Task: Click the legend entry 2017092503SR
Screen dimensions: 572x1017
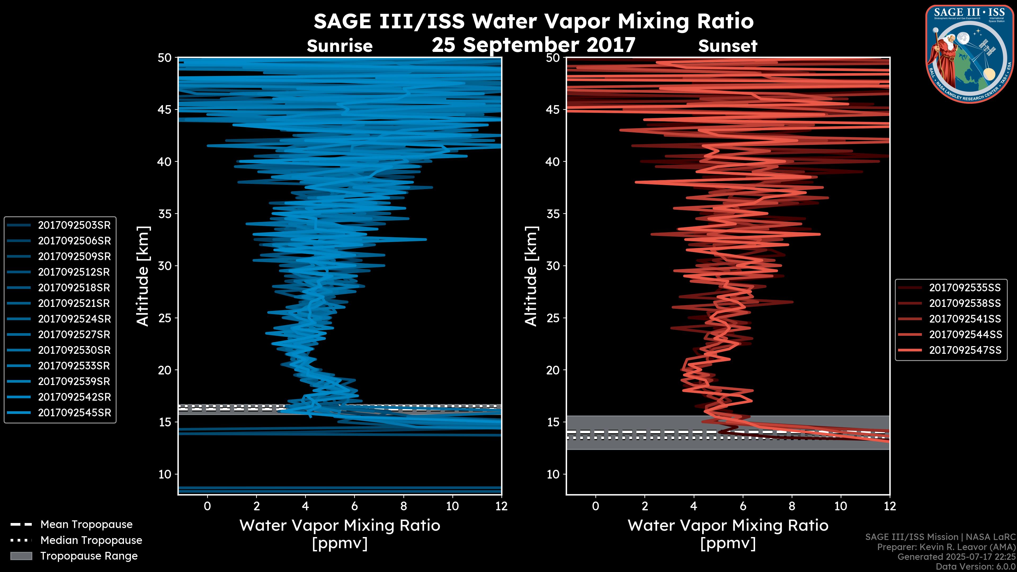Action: click(74, 225)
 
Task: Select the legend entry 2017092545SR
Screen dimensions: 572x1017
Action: click(74, 413)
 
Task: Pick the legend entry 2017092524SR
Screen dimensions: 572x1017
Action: click(74, 319)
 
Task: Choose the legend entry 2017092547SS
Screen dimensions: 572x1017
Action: click(965, 350)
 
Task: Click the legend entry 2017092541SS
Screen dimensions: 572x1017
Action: click(965, 319)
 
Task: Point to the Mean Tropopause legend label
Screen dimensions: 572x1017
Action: click(86, 524)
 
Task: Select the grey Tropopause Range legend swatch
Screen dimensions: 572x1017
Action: click(21, 556)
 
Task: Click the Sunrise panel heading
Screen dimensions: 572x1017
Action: click(340, 46)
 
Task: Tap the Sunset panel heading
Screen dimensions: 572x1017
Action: click(728, 46)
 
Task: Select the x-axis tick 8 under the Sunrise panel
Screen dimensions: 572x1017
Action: click(403, 506)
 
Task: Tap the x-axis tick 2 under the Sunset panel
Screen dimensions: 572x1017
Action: click(645, 506)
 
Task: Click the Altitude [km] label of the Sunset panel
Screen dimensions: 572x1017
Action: click(531, 276)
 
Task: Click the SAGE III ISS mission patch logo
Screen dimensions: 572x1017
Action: click(970, 54)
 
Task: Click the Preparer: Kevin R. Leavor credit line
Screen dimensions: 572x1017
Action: click(946, 547)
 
